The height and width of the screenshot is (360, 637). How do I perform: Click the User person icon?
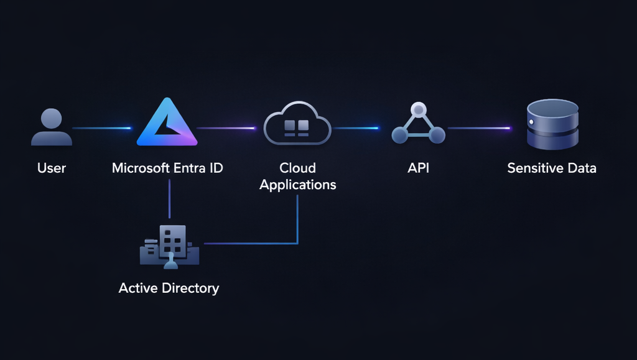point(51,127)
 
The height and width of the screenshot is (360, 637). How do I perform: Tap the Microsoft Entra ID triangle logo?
point(166,123)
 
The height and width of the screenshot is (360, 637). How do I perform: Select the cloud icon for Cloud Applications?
point(297,124)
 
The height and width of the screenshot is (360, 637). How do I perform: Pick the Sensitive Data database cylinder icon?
point(552,124)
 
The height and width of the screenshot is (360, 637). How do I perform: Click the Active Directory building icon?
point(169,247)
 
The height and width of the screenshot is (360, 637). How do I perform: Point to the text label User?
point(51,168)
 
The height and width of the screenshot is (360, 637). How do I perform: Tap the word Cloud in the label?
point(297,168)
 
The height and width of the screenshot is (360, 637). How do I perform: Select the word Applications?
point(297,185)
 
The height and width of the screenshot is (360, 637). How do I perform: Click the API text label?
point(418,168)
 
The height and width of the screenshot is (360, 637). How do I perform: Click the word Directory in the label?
point(190,288)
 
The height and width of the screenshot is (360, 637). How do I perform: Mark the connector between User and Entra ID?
point(102,129)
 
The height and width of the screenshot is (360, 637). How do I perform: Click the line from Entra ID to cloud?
point(226,129)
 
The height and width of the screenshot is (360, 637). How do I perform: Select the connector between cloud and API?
point(355,129)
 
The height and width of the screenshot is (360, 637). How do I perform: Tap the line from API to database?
point(479,129)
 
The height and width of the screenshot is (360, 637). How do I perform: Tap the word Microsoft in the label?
point(140,168)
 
